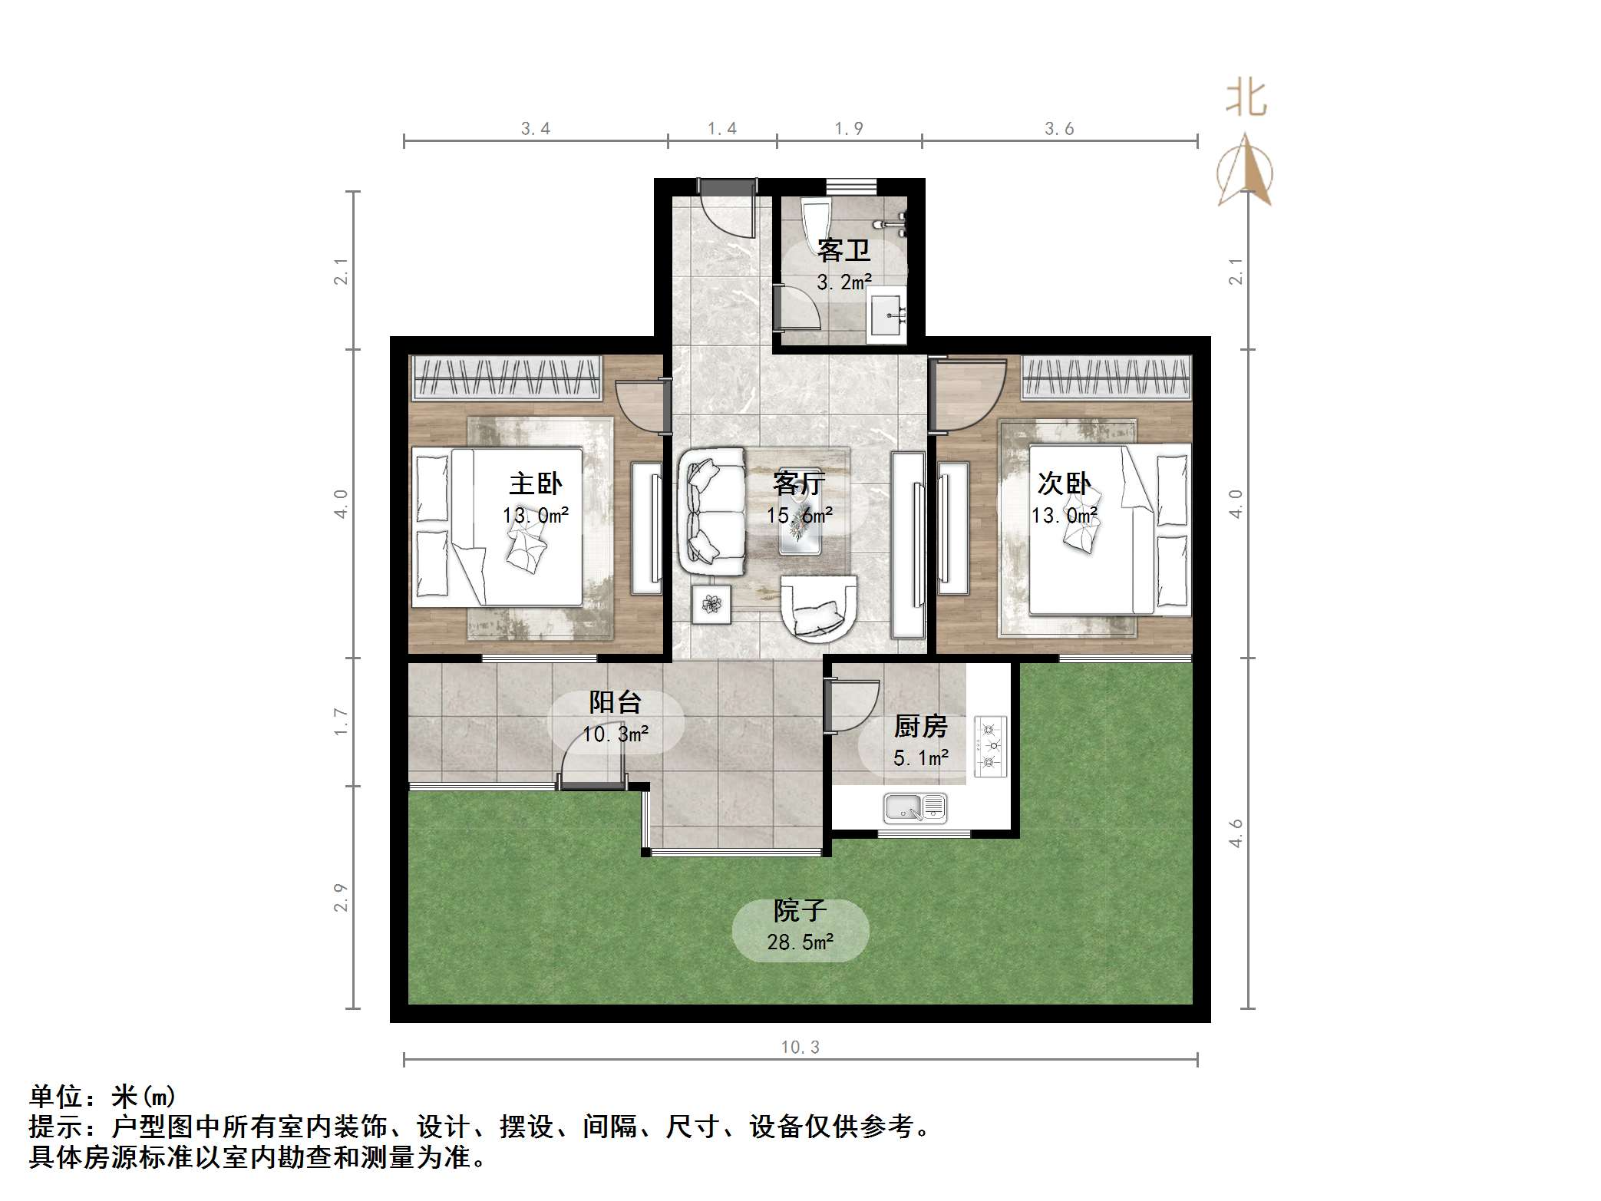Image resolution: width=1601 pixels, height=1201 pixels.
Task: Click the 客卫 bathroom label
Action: pos(843,250)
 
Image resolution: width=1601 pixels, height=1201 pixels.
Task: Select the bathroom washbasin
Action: pos(887,315)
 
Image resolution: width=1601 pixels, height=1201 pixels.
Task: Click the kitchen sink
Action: pos(915,807)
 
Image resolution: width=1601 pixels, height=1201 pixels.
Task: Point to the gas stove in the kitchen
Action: pos(990,746)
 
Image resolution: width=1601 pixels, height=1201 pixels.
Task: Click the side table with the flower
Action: pos(711,605)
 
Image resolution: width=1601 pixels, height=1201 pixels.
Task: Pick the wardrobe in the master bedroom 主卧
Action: pos(507,377)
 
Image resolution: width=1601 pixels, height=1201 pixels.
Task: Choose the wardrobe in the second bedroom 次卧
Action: pos(1106,378)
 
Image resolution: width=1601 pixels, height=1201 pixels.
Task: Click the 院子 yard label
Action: pos(800,911)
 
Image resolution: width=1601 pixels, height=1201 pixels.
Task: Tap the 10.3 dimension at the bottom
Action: pos(800,1047)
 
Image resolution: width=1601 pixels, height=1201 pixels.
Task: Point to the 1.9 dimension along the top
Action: pos(849,129)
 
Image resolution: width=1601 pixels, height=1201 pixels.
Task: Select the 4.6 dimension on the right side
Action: pos(1236,833)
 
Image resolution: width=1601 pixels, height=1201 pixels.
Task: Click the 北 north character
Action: pos(1245,99)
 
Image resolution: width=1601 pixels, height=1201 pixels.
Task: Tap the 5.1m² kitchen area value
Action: pos(920,758)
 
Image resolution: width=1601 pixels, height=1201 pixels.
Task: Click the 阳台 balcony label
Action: pos(615,701)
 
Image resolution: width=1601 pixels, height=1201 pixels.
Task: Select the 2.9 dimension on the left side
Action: pos(341,897)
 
